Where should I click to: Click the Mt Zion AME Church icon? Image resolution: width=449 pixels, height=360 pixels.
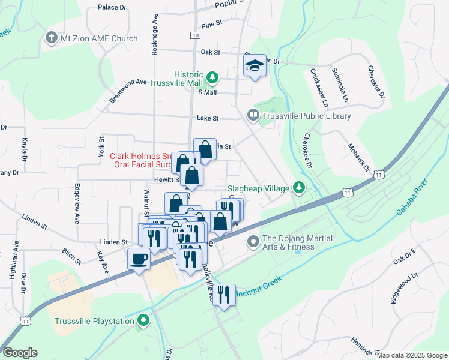[x=51, y=38]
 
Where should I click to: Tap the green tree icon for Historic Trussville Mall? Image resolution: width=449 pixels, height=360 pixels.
[x=212, y=77]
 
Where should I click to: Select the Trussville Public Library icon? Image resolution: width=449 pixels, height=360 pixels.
[x=253, y=114]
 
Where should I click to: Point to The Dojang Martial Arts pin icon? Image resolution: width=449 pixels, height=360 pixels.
[x=253, y=242]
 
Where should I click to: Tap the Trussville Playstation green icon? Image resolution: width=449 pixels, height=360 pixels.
[x=142, y=321]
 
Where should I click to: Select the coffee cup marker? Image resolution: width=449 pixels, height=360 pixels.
[x=139, y=259]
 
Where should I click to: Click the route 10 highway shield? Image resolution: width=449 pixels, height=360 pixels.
[x=196, y=36]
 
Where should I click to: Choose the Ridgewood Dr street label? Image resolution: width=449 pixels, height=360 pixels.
[x=403, y=289]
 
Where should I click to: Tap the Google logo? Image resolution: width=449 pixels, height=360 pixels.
[x=20, y=353]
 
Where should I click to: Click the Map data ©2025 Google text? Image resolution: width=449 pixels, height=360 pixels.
[x=412, y=355]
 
